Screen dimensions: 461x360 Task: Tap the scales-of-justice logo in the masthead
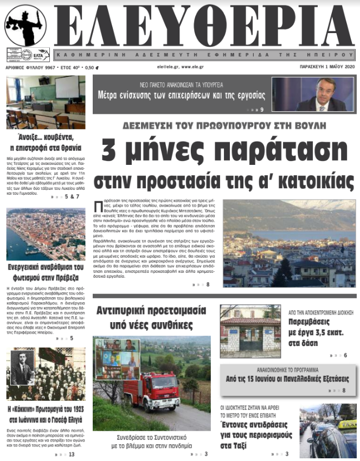point(25,25)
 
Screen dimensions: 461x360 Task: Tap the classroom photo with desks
point(46,103)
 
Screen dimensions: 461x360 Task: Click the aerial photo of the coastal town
point(46,234)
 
